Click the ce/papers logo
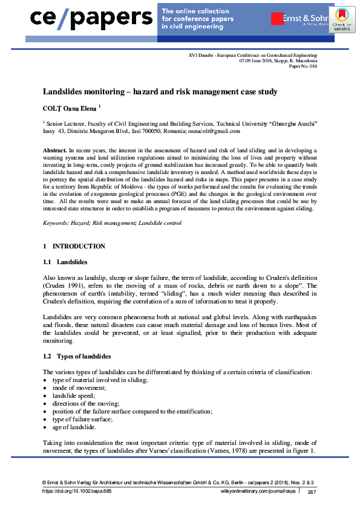point(91,18)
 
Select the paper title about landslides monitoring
point(160,92)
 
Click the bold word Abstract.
point(54,149)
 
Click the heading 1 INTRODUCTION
point(74,246)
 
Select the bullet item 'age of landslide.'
point(74,427)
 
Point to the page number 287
point(312,493)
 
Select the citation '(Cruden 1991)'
point(62,285)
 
